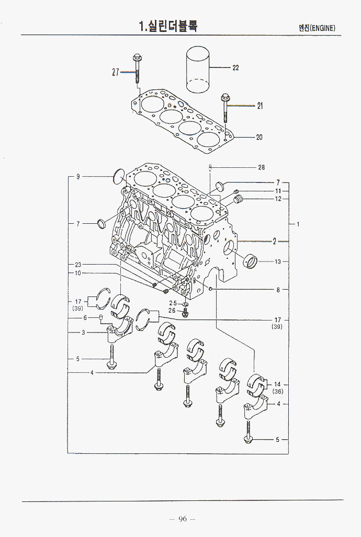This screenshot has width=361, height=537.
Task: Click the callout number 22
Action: (235, 68)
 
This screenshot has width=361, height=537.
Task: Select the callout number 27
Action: (116, 72)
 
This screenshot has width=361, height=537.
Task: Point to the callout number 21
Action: (260, 106)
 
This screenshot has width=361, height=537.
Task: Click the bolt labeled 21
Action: (225, 107)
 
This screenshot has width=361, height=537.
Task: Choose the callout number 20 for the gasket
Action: (259, 138)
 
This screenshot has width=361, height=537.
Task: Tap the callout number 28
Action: (261, 167)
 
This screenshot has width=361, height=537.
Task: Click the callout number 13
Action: (278, 261)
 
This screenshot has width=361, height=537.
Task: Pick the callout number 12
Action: (278, 199)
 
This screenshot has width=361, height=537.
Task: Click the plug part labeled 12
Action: (239, 199)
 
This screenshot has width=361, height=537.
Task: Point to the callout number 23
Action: (78, 265)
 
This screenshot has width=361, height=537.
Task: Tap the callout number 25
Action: (172, 303)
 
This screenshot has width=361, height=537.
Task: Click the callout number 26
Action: (172, 311)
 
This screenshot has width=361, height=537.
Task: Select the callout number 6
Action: (84, 318)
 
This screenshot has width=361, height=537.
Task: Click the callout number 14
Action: (277, 384)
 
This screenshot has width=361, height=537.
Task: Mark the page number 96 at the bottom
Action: (182, 519)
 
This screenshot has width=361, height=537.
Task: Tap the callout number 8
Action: (278, 290)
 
